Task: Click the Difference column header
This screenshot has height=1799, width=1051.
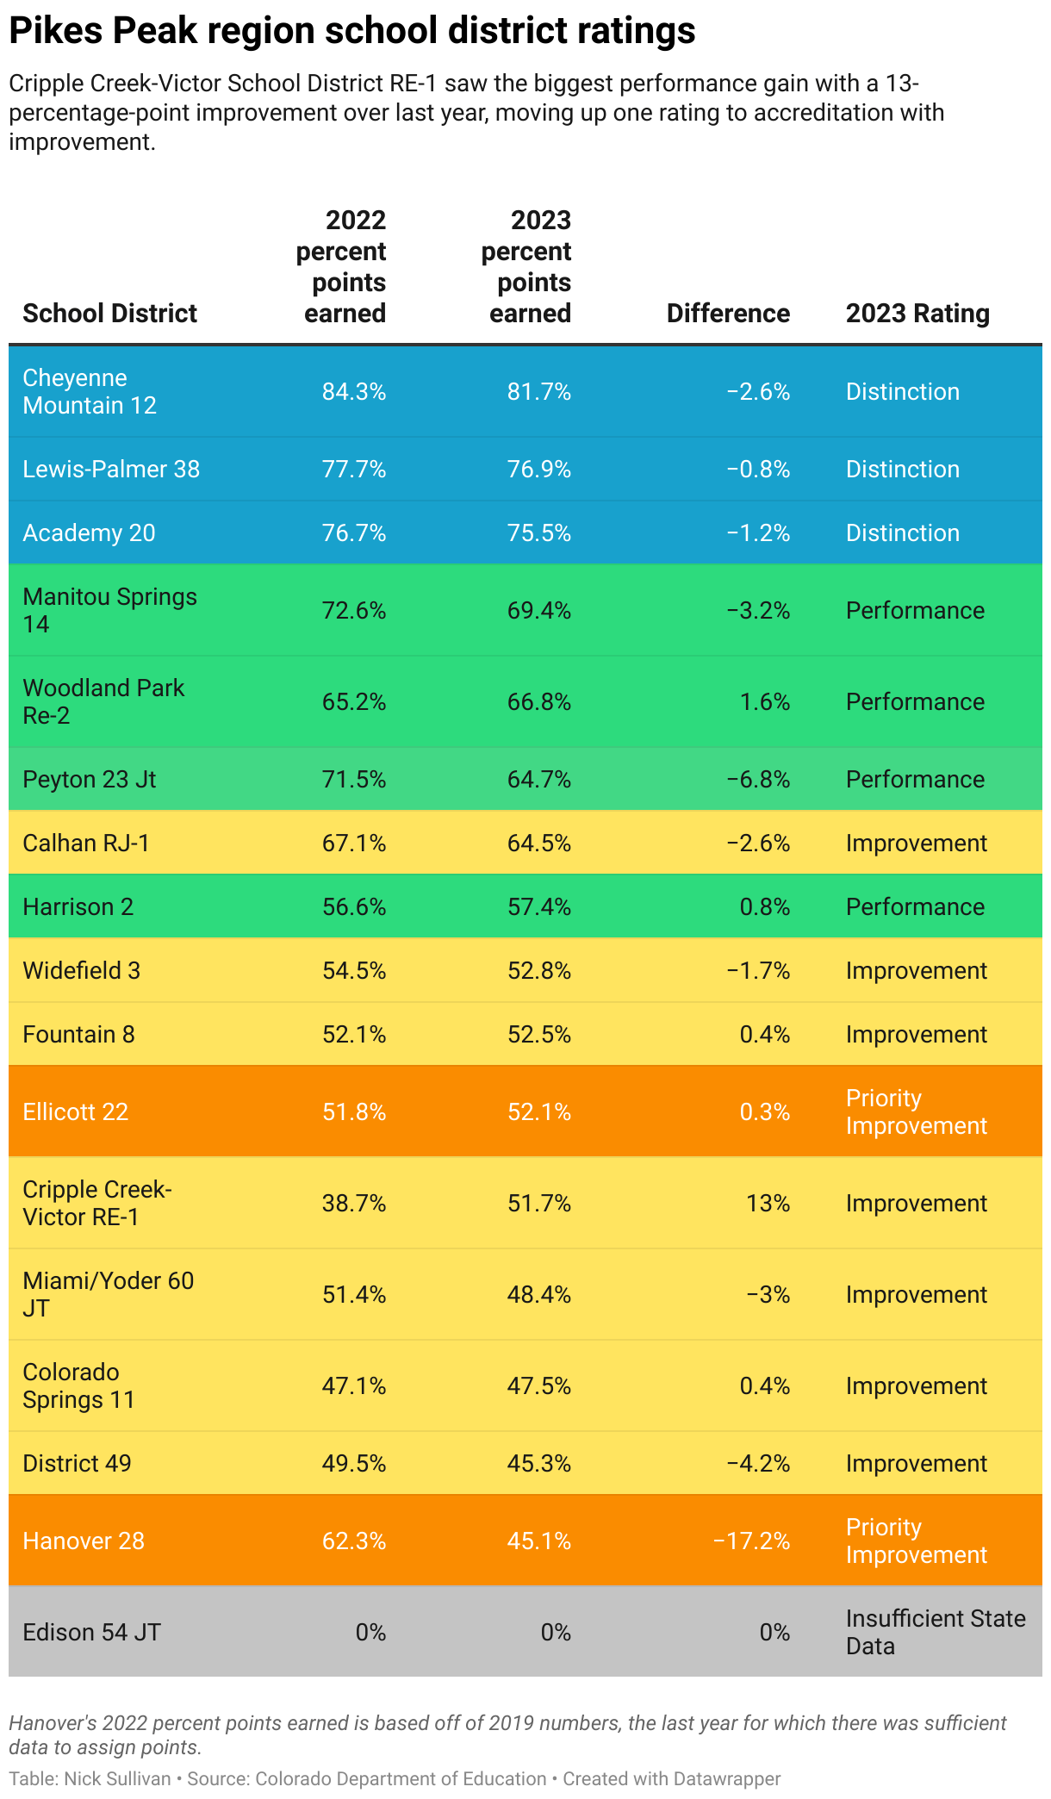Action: [728, 314]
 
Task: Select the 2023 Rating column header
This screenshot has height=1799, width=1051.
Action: [917, 314]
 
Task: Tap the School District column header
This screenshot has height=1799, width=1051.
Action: [109, 314]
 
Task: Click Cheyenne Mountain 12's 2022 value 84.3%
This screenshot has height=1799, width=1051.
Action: [353, 392]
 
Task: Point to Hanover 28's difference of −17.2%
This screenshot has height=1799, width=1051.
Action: [751, 1541]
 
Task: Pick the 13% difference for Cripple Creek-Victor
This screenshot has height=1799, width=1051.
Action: [768, 1203]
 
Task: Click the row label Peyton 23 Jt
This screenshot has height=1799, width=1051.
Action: [89, 779]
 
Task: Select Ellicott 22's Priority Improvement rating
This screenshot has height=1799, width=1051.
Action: [916, 1111]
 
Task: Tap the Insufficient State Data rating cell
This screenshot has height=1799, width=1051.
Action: [935, 1632]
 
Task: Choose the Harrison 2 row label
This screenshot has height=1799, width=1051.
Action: [78, 906]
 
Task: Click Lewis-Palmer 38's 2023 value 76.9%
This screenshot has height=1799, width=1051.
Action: [538, 470]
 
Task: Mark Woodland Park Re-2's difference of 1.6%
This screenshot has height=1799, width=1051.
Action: [764, 702]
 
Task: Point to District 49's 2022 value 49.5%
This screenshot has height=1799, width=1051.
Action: [353, 1463]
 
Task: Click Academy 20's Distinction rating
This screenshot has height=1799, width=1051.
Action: [902, 533]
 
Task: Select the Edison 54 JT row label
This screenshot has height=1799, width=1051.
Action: [91, 1632]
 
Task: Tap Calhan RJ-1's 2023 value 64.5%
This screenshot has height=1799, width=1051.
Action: [538, 843]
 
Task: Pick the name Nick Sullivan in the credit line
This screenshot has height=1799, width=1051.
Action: [117, 1778]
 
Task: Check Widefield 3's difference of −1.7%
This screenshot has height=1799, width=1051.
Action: [758, 971]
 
